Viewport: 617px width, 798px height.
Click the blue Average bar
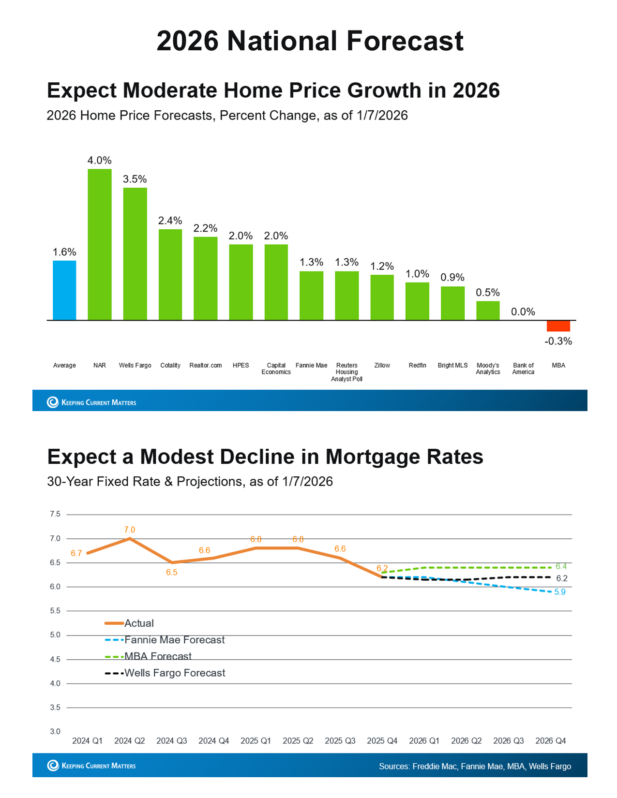[x=64, y=290]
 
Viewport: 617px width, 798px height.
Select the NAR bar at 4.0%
[x=100, y=244]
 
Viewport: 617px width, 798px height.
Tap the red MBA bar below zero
[x=558, y=326]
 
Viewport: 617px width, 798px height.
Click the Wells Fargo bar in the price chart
[x=135, y=254]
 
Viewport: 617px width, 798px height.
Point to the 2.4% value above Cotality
[x=170, y=221]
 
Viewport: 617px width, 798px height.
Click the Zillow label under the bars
[x=382, y=366]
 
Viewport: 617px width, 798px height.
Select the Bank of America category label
[x=523, y=369]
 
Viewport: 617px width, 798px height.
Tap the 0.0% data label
[x=523, y=312]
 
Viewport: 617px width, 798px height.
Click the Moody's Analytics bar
[x=488, y=310]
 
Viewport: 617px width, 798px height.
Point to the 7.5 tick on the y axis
[x=55, y=514]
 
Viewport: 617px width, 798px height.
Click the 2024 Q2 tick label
[x=130, y=741]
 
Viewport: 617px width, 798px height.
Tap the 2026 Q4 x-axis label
[x=551, y=741]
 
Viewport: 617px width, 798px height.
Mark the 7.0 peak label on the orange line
[x=130, y=530]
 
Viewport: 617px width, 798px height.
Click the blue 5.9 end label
[x=560, y=592]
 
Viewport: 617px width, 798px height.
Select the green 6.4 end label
[x=561, y=566]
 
